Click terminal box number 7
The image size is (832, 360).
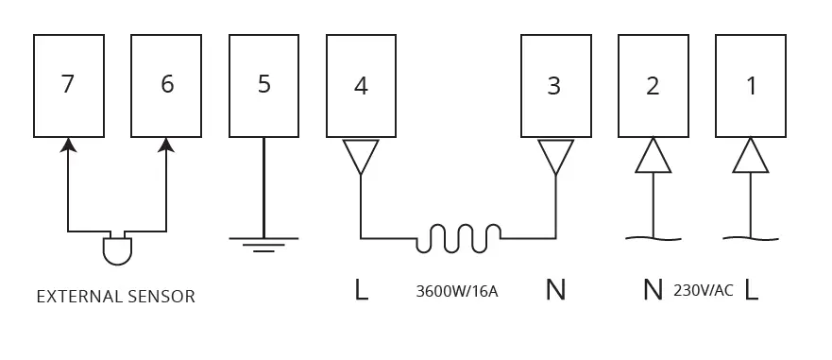coord(67,86)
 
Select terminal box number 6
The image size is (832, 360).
coord(166,86)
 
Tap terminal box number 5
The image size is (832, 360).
coord(263,86)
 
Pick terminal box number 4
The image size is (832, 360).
coord(361,86)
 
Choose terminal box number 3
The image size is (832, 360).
coord(555,86)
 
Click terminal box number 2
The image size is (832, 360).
coord(653,86)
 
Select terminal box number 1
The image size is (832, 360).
coord(751,86)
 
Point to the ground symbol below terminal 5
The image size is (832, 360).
coord(263,244)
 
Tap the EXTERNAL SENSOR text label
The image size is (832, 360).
coord(115,297)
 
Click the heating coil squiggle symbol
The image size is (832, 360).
coord(459,238)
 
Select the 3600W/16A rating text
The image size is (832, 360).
coord(457,291)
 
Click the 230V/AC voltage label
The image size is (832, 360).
coord(703,290)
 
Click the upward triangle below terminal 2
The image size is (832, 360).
coord(653,157)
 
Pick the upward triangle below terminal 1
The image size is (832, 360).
coord(751,157)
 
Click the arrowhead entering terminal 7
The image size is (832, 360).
coord(67,145)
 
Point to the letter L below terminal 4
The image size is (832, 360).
coord(361,290)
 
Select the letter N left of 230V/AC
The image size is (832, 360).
coord(653,290)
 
